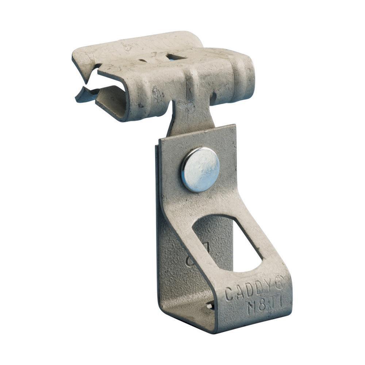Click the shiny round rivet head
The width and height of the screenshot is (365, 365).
coord(200,170)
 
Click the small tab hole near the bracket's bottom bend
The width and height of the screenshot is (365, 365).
coord(210,306)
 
